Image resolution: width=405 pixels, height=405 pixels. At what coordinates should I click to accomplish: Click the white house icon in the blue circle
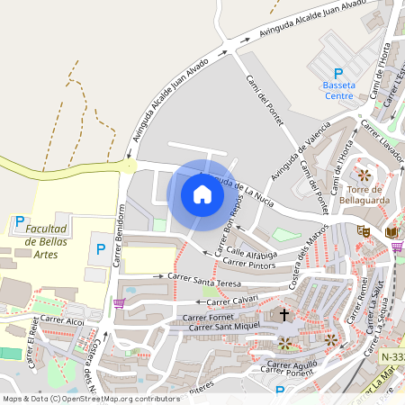[202, 194]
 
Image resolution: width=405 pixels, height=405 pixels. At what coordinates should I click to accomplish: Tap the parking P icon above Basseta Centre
[338, 74]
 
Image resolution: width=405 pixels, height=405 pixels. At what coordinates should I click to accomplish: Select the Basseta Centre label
[338, 90]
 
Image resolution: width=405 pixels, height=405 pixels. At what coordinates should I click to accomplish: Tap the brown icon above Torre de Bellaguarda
[364, 174]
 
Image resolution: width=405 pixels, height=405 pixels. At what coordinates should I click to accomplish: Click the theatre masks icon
[364, 230]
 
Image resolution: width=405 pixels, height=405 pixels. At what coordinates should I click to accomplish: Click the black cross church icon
[285, 315]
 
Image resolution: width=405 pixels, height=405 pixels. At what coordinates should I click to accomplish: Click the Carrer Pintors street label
[247, 263]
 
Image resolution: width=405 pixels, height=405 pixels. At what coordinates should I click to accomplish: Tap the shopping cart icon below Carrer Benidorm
[119, 303]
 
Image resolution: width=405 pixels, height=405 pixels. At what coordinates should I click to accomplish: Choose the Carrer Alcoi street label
[62, 320]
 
